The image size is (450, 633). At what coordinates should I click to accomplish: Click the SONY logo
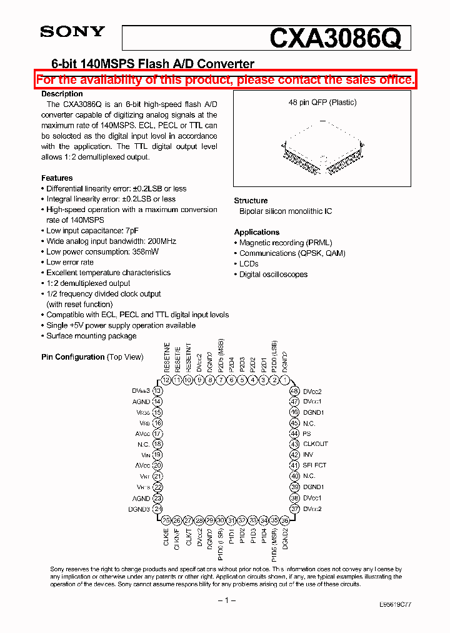(x=72, y=32)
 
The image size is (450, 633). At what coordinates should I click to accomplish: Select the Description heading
(x=62, y=94)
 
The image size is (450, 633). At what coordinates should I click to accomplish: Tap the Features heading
(x=57, y=178)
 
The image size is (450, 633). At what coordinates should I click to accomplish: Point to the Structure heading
(x=251, y=201)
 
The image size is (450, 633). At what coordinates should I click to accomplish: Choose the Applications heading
(x=256, y=232)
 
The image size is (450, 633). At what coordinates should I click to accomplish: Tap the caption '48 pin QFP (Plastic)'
(x=322, y=103)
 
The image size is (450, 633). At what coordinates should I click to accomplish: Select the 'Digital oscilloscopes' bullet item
(x=273, y=275)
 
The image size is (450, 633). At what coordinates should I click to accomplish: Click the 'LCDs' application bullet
(x=248, y=264)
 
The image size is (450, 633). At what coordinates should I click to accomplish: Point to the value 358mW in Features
(x=144, y=251)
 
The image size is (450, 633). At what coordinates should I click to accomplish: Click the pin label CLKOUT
(x=315, y=444)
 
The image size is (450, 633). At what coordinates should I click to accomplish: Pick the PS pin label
(x=307, y=433)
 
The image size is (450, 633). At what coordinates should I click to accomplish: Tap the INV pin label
(x=308, y=455)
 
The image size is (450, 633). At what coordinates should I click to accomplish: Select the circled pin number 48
(x=294, y=391)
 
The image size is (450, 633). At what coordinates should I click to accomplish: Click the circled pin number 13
(x=157, y=391)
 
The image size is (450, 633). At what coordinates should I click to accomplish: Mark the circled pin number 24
(x=157, y=509)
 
